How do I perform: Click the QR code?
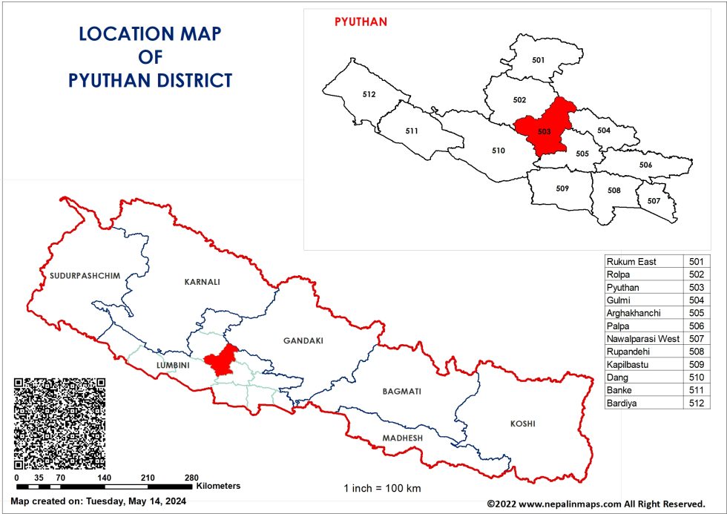coord(59,423)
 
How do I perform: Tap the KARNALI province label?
coord(203,282)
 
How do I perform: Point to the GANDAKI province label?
coord(303,340)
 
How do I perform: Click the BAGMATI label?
coord(401,391)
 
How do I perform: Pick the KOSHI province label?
coord(522,424)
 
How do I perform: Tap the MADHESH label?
coord(402,438)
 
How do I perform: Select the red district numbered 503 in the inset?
coord(544,131)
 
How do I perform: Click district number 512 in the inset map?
coord(369,94)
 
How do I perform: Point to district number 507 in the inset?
coord(654,201)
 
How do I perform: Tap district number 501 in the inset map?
coord(539,59)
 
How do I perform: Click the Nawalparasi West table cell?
coord(642,338)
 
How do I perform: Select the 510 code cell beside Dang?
coord(696,377)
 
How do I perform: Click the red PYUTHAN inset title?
coord(361,22)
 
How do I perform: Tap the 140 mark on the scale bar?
coord(105,478)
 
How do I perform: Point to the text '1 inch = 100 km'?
coord(382,488)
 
